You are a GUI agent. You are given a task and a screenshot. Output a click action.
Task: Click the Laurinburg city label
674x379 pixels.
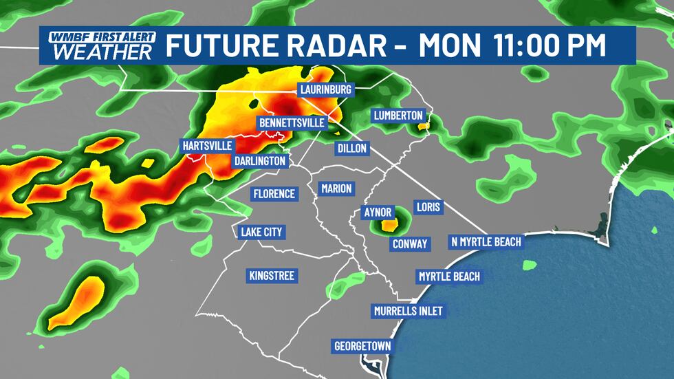[325, 90]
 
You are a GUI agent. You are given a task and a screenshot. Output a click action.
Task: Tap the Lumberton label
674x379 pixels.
[398, 116]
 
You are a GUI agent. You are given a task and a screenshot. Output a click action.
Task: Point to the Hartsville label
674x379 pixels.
[207, 146]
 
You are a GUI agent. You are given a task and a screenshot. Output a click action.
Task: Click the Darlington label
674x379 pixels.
[259, 160]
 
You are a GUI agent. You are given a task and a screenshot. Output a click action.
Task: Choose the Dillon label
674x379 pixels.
[353, 148]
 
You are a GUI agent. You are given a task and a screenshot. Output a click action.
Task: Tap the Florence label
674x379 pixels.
[274, 194]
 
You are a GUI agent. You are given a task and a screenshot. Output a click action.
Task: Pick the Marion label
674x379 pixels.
[336, 188]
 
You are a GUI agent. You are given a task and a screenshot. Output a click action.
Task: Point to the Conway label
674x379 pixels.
[410, 243]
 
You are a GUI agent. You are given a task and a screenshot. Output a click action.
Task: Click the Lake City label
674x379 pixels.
[261, 232]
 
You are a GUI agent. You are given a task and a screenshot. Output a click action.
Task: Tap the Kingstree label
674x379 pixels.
[271, 276]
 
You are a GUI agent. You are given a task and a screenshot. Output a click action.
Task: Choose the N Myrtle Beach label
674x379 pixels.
[486, 241]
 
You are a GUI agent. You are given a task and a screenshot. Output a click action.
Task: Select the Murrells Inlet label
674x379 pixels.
[408, 311]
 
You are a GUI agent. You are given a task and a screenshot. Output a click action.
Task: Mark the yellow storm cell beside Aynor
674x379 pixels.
[389, 224]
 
